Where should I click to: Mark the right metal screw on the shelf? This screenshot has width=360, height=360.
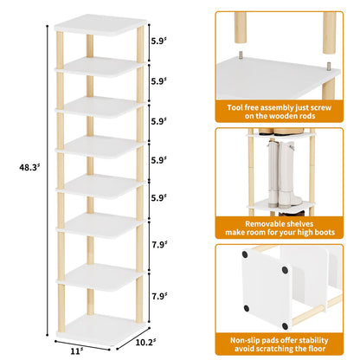(331, 62)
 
